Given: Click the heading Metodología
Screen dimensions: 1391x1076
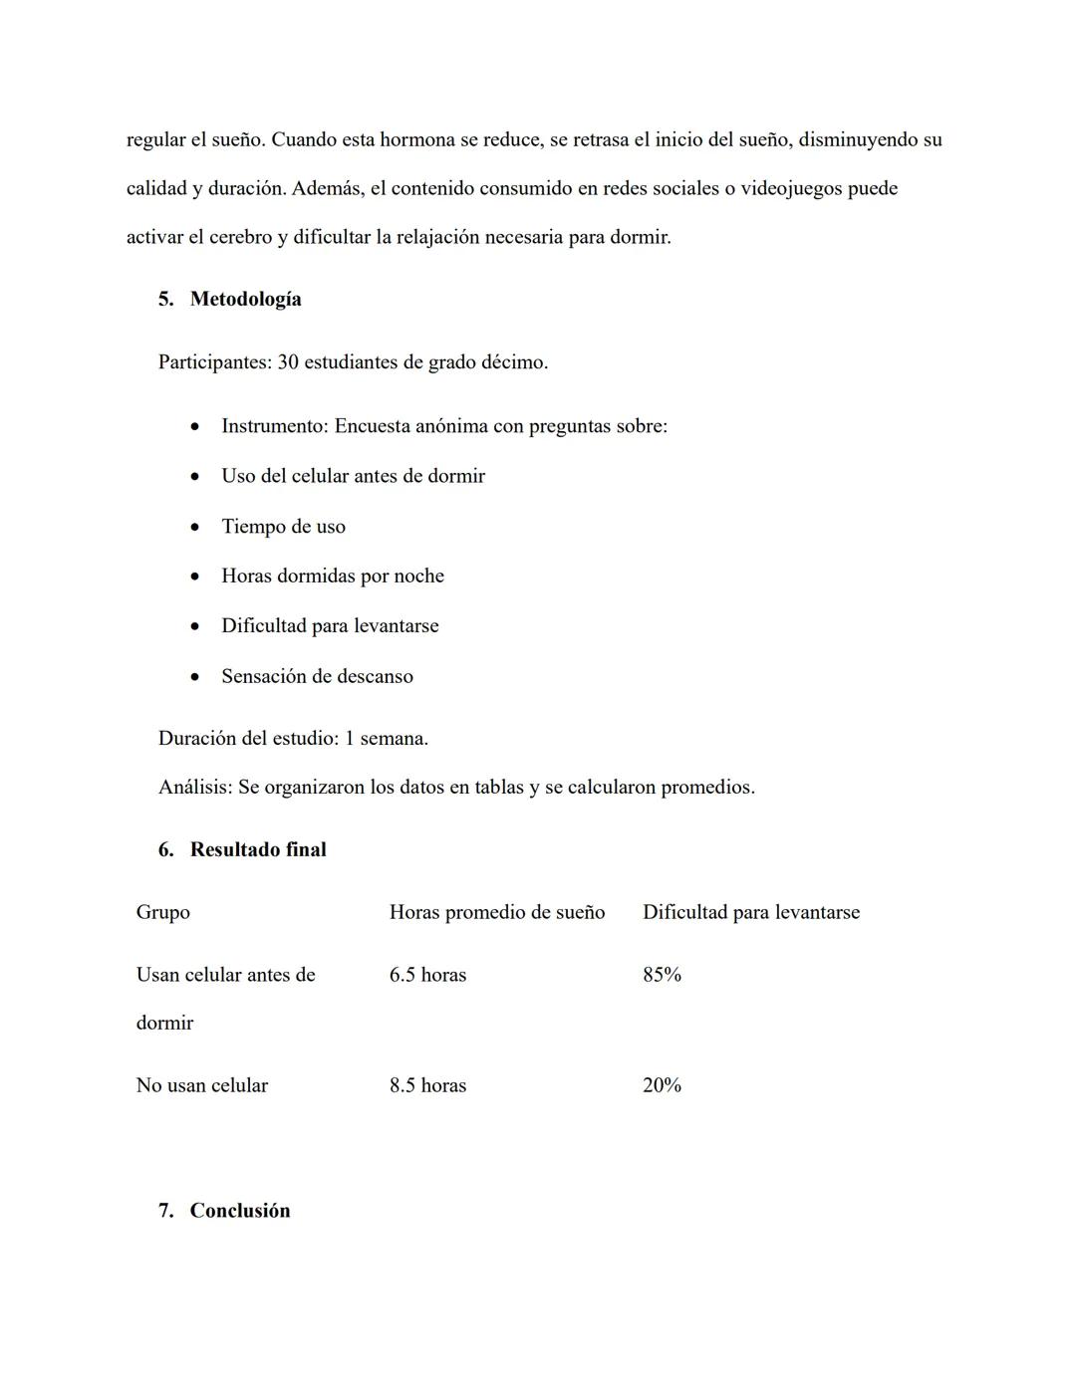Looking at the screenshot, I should coord(245,299).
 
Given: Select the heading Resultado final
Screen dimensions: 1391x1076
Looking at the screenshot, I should coord(258,849).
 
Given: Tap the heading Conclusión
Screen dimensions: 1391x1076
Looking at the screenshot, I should coord(240,1211).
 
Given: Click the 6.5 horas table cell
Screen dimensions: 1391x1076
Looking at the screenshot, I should coord(427,975).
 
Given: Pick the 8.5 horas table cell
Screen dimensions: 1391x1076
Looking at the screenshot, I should coord(427,1085).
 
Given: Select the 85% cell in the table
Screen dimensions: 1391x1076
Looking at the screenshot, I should coord(662,975).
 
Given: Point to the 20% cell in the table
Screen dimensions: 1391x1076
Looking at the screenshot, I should coord(662,1085).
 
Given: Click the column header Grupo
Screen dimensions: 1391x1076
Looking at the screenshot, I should coord(162,912).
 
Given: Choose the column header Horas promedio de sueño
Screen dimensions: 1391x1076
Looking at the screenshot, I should coord(496,912).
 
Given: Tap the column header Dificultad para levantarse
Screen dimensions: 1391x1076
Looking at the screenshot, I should coord(750,912).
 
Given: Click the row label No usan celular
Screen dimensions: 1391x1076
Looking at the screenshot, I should coord(201,1085).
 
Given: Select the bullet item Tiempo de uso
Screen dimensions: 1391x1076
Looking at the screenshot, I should coord(283,527).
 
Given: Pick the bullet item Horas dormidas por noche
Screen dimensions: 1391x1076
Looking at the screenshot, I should coord(332,577).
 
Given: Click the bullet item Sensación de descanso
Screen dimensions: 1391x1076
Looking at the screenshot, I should coord(317,676).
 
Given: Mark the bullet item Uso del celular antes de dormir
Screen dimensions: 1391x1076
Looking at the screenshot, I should coord(353,476).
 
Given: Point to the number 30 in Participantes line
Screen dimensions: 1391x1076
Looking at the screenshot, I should coord(288,362).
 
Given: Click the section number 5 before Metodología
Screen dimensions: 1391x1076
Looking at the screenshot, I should coord(164,299).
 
